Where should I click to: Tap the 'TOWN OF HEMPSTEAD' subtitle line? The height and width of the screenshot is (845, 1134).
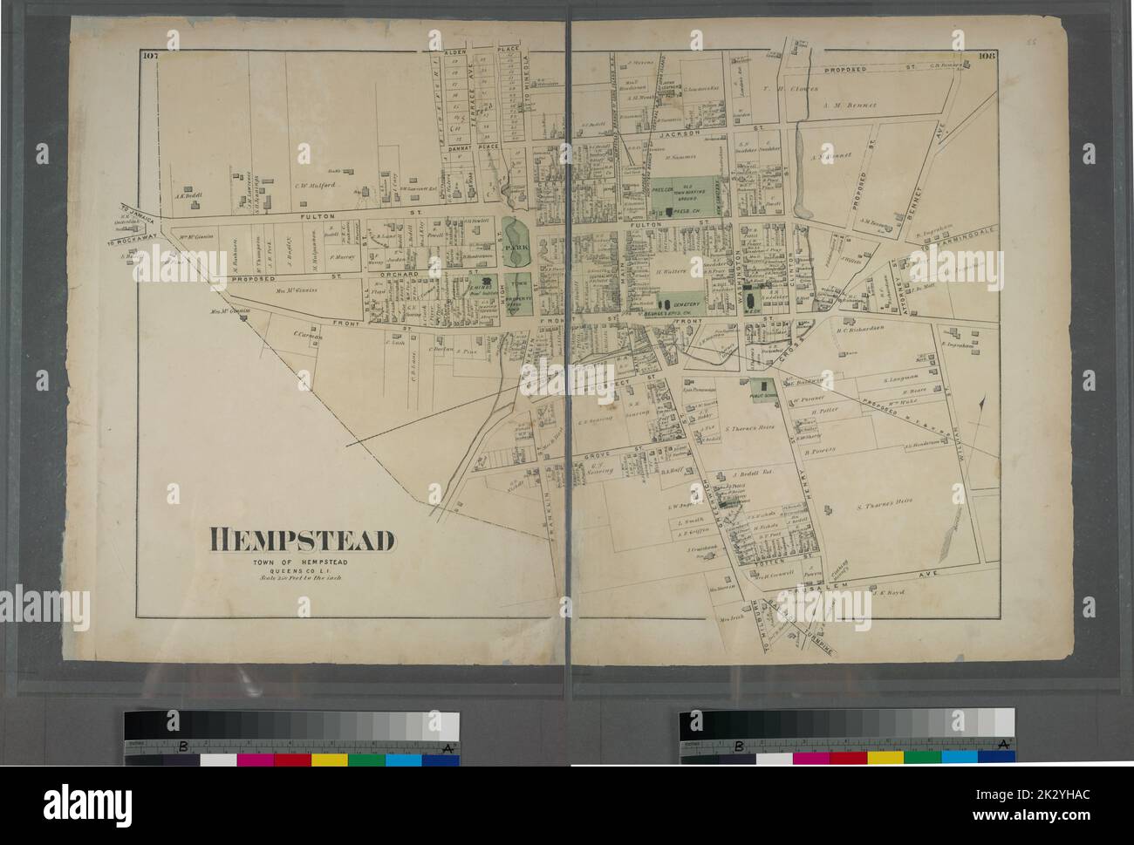pyautogui.click(x=301, y=562)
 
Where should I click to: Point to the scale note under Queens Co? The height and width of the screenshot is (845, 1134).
pyautogui.click(x=301, y=580)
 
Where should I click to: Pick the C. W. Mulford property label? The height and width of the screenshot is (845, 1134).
pyautogui.click(x=316, y=184)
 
